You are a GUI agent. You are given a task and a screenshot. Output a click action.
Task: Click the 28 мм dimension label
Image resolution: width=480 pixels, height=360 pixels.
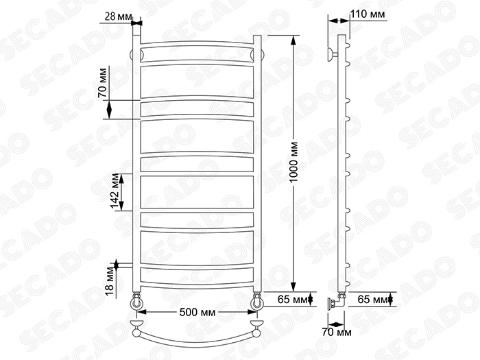(119, 16)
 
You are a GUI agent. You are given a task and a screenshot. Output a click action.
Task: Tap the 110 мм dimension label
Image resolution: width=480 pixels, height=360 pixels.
(368, 14)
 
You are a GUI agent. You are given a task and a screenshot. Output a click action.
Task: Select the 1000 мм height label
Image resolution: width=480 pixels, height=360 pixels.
(293, 162)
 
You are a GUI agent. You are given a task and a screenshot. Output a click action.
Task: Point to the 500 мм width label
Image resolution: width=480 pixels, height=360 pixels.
(197, 313)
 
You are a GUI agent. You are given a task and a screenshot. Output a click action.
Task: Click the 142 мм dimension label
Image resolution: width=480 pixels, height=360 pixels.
(115, 191)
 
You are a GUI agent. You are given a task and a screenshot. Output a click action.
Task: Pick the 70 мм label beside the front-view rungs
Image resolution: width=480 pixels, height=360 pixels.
(103, 83)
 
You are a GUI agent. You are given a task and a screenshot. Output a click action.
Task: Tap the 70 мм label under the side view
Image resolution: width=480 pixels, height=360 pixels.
(337, 332)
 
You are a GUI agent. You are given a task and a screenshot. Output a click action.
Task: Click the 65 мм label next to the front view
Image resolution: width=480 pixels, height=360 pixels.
(291, 300)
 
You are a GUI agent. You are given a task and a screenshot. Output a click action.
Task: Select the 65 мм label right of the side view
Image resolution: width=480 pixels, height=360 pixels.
(372, 300)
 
